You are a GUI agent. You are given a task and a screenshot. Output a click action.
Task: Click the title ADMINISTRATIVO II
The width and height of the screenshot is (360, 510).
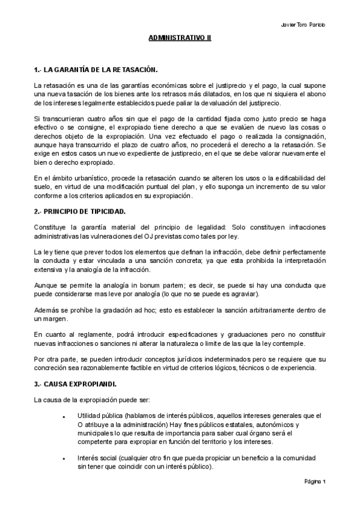(x=180, y=38)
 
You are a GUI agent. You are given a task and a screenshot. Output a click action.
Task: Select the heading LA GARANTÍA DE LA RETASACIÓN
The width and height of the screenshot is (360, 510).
(x=99, y=70)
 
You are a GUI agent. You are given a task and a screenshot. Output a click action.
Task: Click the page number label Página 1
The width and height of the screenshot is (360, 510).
(x=314, y=481)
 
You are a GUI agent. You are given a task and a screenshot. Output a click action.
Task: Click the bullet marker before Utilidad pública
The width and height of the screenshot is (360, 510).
(x=64, y=416)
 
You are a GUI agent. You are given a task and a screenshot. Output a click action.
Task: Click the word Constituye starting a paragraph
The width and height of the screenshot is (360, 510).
(x=50, y=227)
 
